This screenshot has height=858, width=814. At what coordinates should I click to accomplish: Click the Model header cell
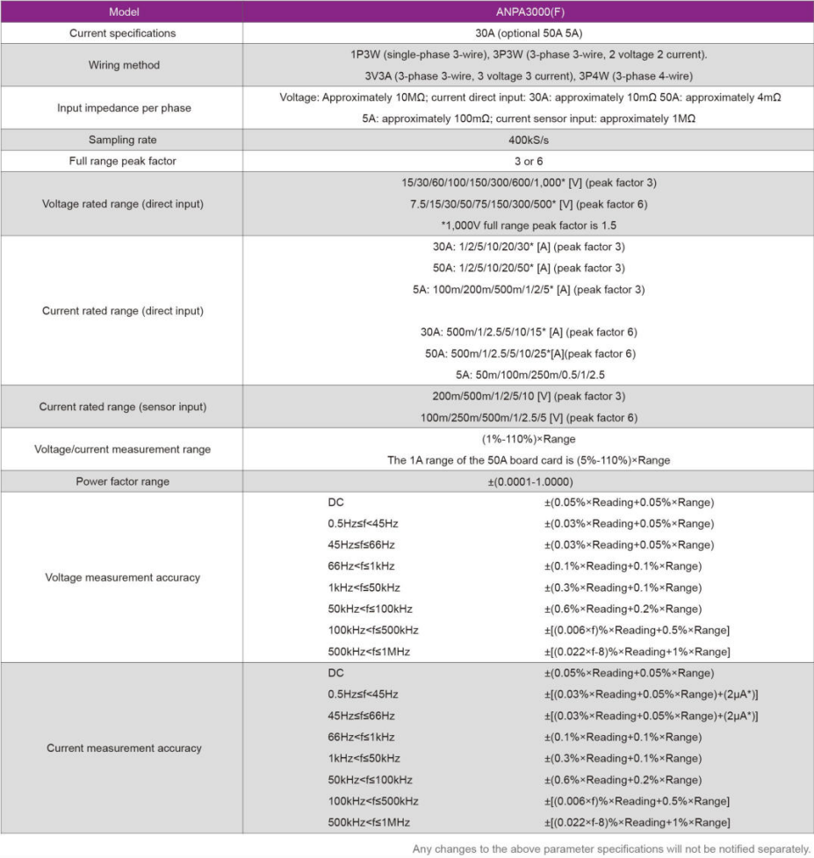123,12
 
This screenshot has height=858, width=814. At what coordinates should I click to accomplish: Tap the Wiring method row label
123,65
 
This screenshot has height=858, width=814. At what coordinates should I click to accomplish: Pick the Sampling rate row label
123,141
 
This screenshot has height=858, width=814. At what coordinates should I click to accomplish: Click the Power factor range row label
123,481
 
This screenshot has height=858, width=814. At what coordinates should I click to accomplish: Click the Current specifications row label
123,33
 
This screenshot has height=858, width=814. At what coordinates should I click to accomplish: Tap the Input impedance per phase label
123,108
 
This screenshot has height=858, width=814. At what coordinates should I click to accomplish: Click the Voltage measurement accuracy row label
123,577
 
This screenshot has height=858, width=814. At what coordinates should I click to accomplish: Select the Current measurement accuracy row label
123,748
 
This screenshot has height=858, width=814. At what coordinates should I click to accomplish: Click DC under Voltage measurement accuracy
335,502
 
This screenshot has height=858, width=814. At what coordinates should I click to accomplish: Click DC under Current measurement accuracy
335,674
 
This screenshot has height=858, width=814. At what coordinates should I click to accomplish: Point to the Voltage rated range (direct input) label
123,204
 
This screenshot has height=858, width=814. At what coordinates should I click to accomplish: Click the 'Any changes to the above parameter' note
611,848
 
